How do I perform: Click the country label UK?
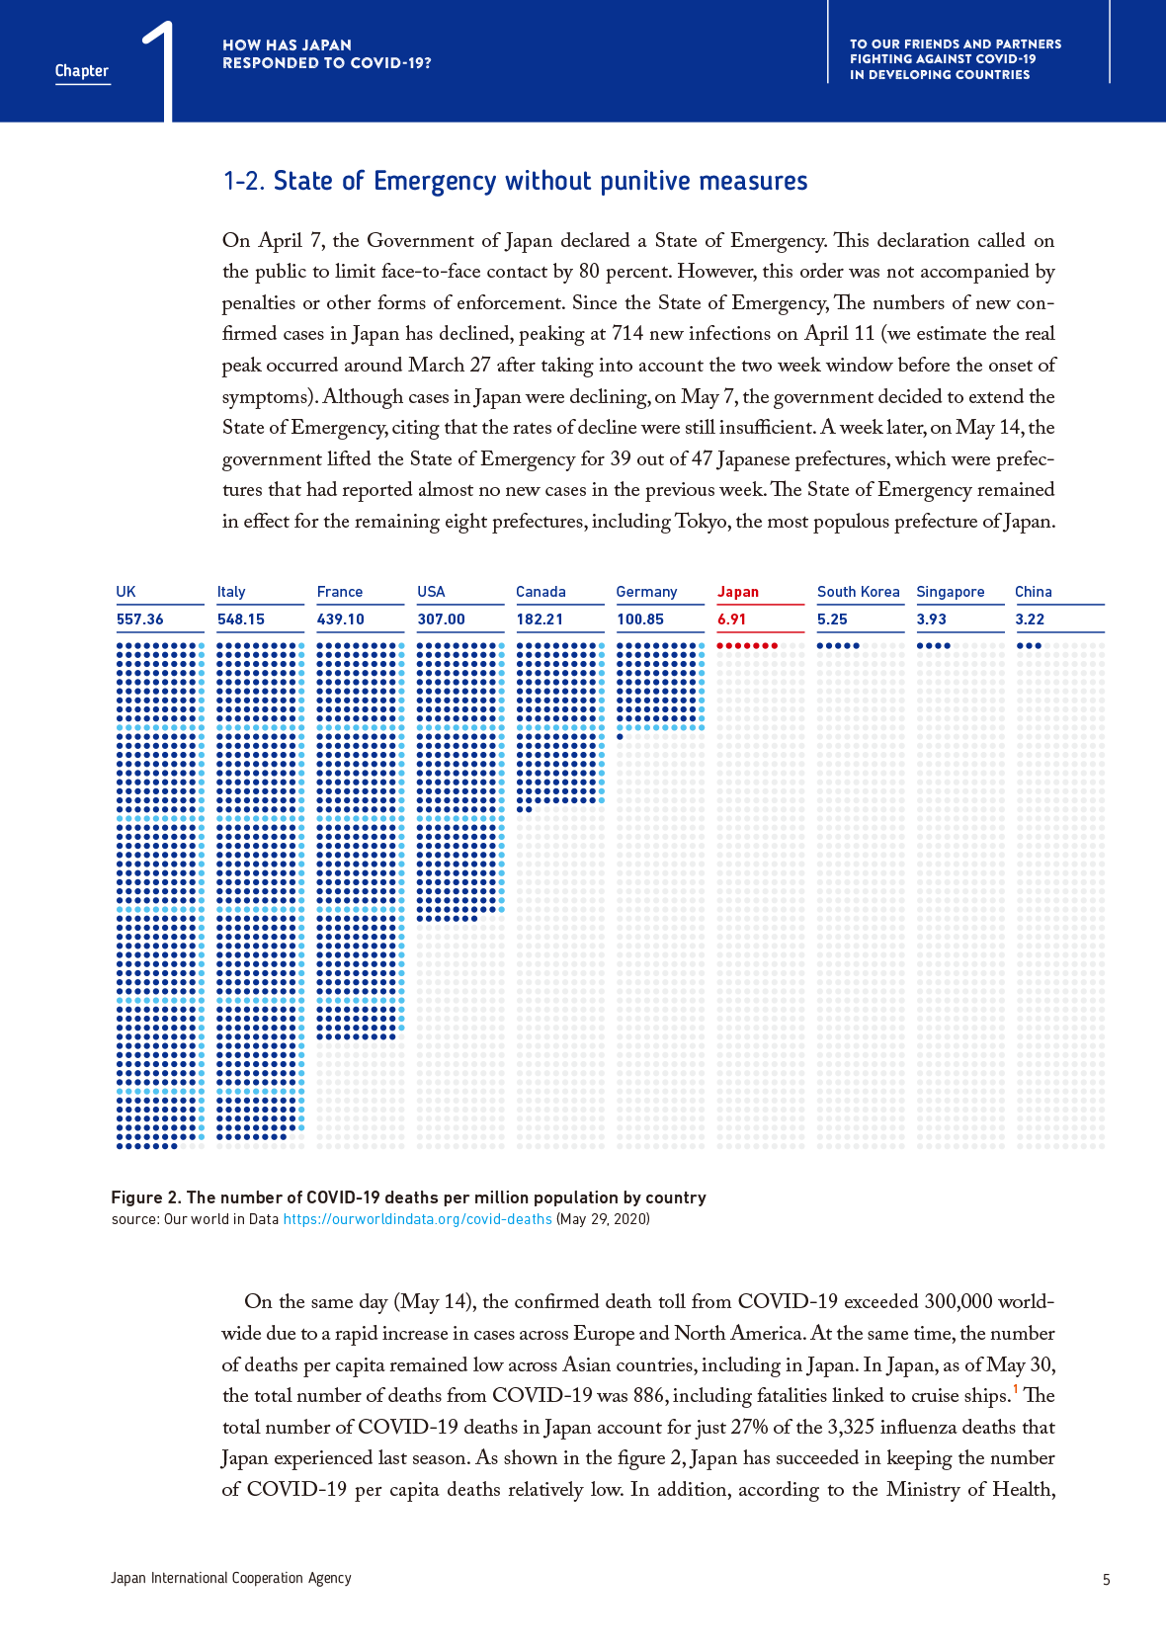pyautogui.click(x=125, y=592)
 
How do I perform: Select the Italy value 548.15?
pyautogui.click(x=241, y=619)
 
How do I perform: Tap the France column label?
pyautogui.click(x=340, y=592)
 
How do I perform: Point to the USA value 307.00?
pyautogui.click(x=441, y=619)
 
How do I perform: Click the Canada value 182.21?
pyautogui.click(x=540, y=619)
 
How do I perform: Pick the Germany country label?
pyautogui.click(x=646, y=592)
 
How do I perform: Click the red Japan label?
pyautogui.click(x=738, y=592)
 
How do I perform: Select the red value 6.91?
pyautogui.click(x=731, y=619)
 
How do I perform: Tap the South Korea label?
pyautogui.click(x=858, y=592)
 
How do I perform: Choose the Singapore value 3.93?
pyautogui.click(x=931, y=619)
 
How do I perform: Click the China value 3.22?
pyautogui.click(x=1030, y=619)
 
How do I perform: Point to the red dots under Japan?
pyautogui.click(x=747, y=646)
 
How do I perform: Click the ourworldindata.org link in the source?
pyautogui.click(x=417, y=1219)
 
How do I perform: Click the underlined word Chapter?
pyautogui.click(x=82, y=71)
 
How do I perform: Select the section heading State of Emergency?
pyautogui.click(x=515, y=182)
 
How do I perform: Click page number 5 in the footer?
pyautogui.click(x=1107, y=1580)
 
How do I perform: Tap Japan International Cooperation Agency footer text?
pyautogui.click(x=231, y=1578)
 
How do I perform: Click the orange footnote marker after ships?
pyautogui.click(x=1016, y=1389)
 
